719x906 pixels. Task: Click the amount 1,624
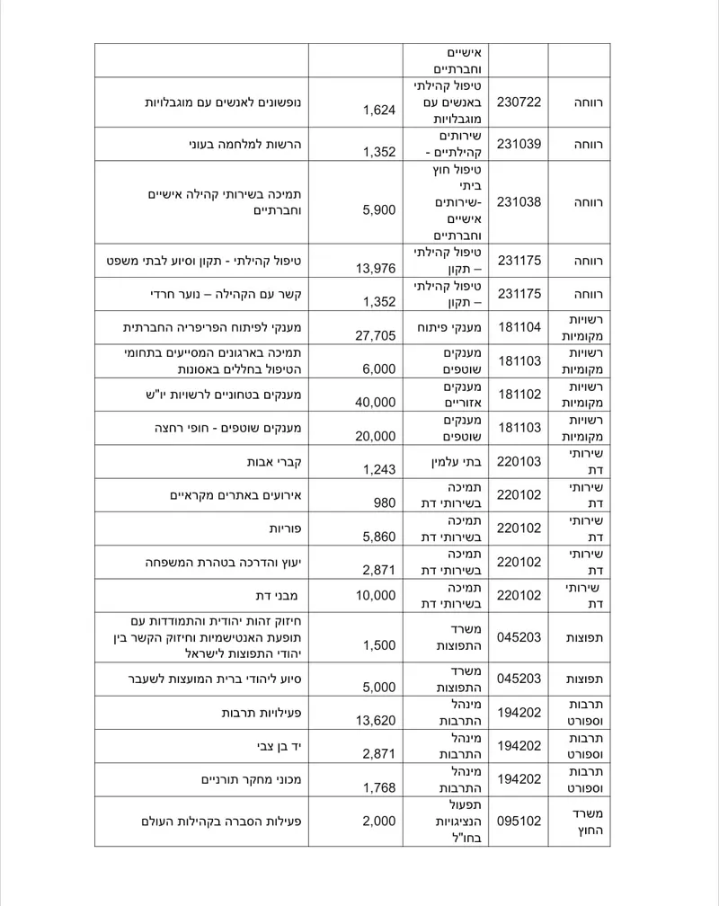(x=379, y=111)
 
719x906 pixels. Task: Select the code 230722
(x=519, y=102)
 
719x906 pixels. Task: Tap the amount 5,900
(x=378, y=210)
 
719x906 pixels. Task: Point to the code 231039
(x=519, y=144)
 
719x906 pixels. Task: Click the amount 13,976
(x=376, y=269)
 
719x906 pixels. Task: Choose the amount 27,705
(x=376, y=335)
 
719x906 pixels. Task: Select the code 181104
(x=519, y=327)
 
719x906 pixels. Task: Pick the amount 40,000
(x=376, y=402)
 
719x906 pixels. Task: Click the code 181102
(x=519, y=394)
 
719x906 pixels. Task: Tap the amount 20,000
(x=376, y=435)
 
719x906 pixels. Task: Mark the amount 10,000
(x=376, y=595)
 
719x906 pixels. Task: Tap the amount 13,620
(x=376, y=721)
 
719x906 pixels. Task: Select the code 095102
(x=519, y=821)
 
